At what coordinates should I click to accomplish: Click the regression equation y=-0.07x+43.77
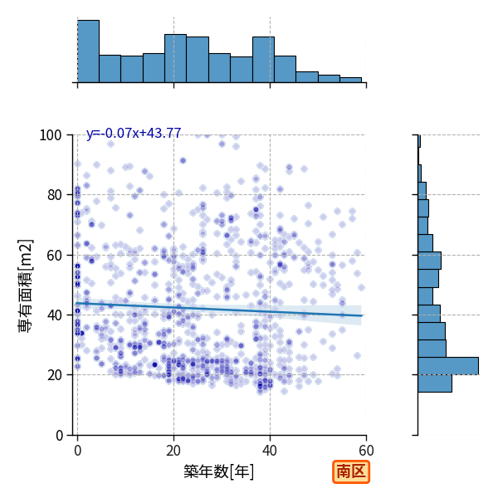134,133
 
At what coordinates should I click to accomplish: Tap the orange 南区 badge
351,471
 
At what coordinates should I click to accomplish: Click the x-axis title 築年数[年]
219,471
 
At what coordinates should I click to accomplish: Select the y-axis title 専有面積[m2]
25,286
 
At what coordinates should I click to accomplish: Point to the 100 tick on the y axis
50,135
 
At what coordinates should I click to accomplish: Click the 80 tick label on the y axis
54,195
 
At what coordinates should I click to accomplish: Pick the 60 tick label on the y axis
54,255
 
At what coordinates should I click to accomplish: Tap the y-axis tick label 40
54,315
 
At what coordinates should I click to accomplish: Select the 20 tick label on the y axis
54,375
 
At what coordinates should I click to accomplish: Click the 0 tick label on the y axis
59,435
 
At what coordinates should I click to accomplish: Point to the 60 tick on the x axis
366,451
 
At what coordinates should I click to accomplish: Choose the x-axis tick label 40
270,451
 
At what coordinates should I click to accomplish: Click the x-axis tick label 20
173,451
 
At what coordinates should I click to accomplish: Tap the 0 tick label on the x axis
77,451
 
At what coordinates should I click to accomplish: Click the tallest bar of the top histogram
88,51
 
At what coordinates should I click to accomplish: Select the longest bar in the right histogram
448,366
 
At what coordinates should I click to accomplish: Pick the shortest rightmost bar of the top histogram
350,80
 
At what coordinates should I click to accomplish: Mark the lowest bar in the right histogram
435,383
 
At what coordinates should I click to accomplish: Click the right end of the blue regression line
362,315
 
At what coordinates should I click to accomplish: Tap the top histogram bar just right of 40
286,69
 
